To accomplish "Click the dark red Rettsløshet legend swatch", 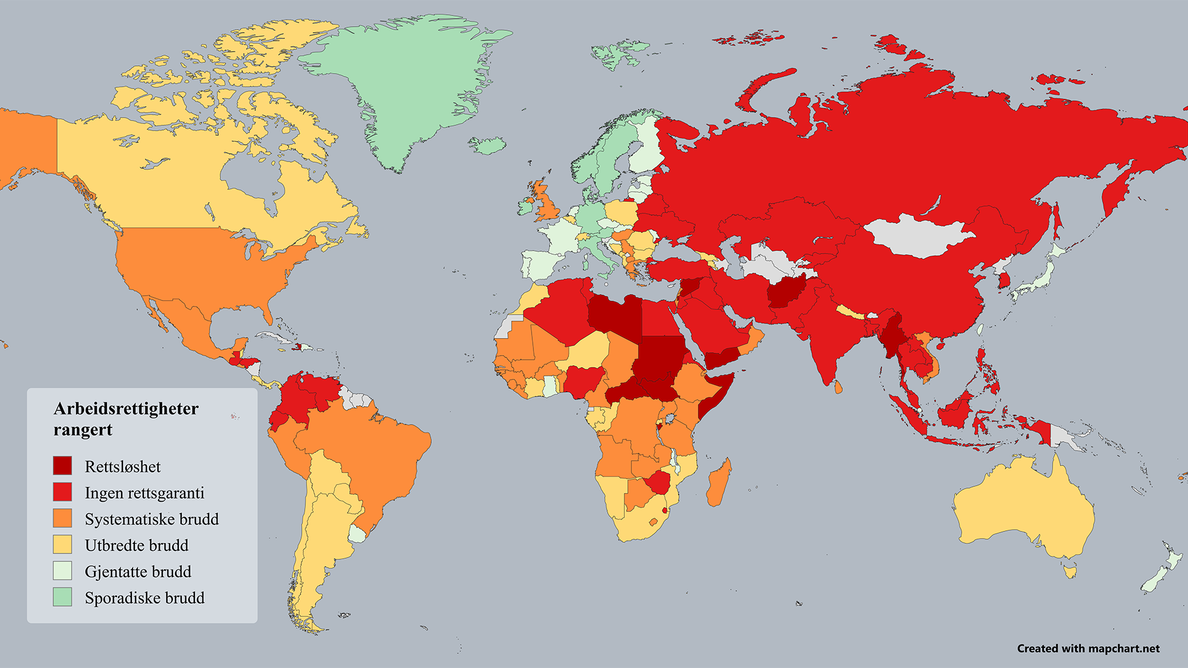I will click(62, 466).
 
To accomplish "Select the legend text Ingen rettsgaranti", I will click(144, 493).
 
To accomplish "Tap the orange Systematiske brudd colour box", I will click(62, 518).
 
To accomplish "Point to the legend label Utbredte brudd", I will click(137, 545).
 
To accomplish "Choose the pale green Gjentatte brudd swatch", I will click(62, 571).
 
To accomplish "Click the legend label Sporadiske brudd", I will click(144, 597).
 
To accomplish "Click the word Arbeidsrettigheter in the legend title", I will click(126, 409).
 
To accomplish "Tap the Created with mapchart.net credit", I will click(1088, 648).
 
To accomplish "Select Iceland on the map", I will click(487, 145).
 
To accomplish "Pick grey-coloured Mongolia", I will click(918, 236).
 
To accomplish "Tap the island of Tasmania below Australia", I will click(1070, 572).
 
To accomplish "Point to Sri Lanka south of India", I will click(838, 387).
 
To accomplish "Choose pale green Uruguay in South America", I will click(357, 533).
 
